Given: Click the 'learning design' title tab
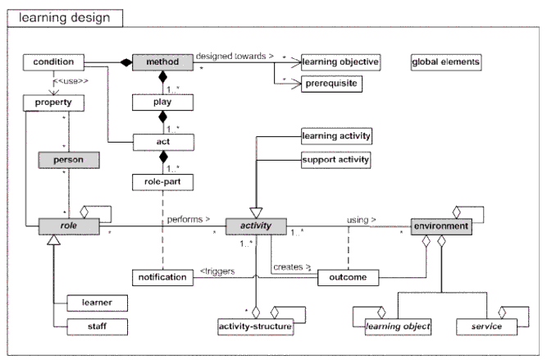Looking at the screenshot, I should [65, 16].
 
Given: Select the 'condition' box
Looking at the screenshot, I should [54, 62].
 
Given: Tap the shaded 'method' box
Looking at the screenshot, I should [162, 62].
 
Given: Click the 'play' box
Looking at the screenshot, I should [162, 103].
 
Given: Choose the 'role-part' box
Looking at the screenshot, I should [162, 180].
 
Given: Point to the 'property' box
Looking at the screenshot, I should [54, 103].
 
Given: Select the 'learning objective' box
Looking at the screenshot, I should [340, 62].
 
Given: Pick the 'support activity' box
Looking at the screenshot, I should [336, 159].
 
